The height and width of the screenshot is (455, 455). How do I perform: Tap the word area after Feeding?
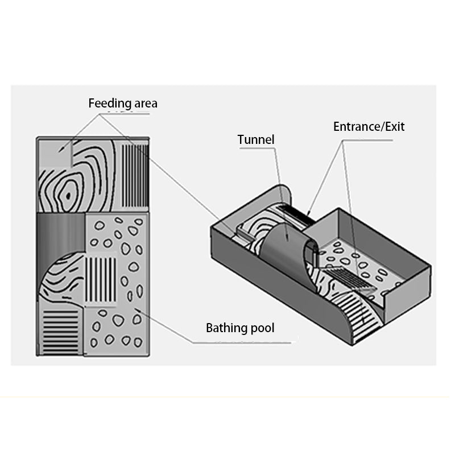[142, 104]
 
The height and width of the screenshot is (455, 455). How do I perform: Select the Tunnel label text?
[256, 139]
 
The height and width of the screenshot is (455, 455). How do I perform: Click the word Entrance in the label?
[356, 126]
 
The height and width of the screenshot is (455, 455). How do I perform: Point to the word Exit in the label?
[394, 126]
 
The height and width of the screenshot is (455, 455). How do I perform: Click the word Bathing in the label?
[226, 328]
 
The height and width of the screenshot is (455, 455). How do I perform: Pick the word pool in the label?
[263, 328]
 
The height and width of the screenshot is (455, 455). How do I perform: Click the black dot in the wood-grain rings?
[68, 195]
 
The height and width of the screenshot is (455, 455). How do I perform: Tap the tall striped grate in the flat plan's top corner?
[135, 175]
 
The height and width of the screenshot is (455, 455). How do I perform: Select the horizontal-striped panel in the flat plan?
[61, 332]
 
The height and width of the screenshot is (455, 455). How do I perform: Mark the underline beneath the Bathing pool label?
[245, 342]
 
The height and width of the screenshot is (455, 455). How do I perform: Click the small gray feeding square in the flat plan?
[55, 154]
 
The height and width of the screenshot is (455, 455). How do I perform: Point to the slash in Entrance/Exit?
[381, 126]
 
